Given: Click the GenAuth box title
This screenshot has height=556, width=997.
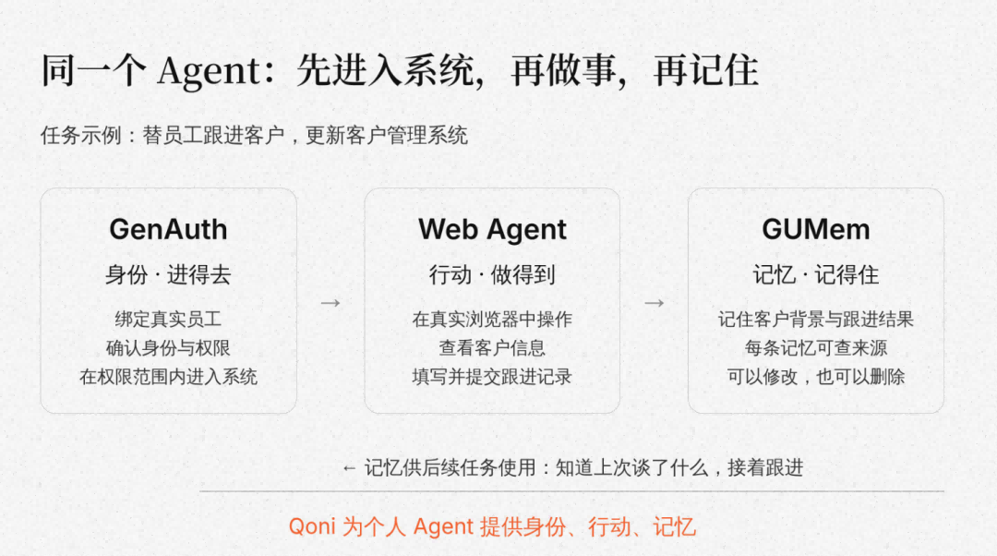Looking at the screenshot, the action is point(169,230).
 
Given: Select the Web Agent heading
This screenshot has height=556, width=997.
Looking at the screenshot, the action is point(492,230).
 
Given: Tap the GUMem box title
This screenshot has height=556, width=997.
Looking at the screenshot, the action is point(816,230).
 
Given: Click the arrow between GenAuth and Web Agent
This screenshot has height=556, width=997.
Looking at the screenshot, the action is point(330,303).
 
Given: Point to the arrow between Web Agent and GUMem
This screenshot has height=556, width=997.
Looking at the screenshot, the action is point(655,303).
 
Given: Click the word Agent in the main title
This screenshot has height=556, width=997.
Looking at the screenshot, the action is point(210,70).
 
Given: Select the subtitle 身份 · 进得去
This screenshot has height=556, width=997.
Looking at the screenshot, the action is point(168,275).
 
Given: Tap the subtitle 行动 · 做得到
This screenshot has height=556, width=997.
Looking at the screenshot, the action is point(492,275).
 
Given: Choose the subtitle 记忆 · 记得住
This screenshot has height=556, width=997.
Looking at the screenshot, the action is point(816,275).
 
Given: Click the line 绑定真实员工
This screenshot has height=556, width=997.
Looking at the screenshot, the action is point(168,319).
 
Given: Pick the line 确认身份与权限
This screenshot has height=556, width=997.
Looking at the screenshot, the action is point(168,348).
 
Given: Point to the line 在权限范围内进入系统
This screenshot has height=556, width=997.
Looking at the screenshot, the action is point(169,377).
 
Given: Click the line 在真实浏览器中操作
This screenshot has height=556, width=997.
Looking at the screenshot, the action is point(492,319).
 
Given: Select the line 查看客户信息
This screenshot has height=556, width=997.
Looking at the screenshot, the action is point(492,348).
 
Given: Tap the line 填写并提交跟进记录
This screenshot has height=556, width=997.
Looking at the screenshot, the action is point(492,377).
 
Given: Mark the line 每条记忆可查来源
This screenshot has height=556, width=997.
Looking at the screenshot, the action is point(816,348).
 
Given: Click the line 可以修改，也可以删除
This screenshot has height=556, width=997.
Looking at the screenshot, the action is point(816,377).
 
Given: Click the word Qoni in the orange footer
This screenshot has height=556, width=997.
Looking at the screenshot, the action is point(311,526).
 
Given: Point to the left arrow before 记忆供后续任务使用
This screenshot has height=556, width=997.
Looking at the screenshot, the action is point(348,469).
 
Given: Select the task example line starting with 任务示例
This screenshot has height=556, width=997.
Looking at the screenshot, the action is point(255,136).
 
